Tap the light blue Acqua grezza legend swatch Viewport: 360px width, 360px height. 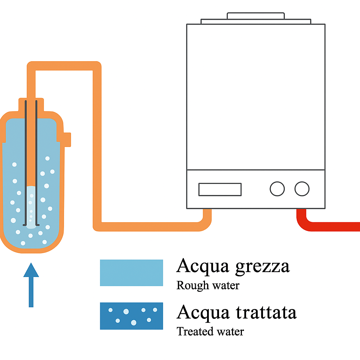pyautogui.click(x=131, y=273)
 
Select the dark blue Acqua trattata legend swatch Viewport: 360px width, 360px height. pyautogui.click(x=131, y=316)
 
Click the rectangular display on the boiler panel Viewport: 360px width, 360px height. pyautogui.click(x=220, y=189)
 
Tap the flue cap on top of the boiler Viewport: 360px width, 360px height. pyautogui.click(x=256, y=16)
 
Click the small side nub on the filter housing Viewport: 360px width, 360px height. pyautogui.click(x=67, y=139)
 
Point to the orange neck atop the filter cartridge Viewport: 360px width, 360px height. pyautogui.click(x=31, y=104)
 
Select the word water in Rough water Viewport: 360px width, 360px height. pyautogui.click(x=225, y=285)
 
